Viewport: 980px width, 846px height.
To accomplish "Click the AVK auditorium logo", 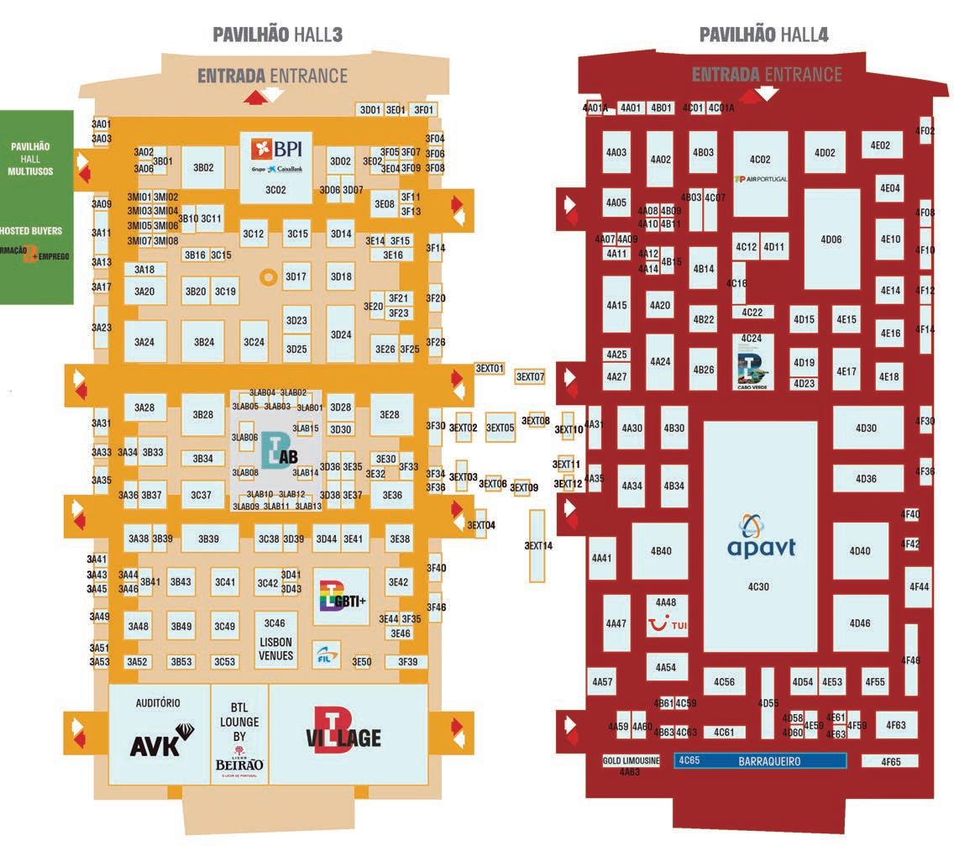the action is point(156,742).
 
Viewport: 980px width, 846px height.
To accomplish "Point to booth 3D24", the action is point(341,334).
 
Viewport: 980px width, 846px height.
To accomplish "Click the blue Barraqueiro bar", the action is point(760,761).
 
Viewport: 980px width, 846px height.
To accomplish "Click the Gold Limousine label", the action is point(631,761).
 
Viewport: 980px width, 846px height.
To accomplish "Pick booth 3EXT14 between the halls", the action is point(538,545).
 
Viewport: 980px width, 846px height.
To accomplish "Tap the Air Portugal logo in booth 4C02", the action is point(760,179).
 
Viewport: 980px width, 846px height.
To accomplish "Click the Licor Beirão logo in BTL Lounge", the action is point(239,759).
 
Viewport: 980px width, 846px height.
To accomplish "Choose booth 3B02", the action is point(203,168).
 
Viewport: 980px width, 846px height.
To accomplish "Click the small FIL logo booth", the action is point(326,654).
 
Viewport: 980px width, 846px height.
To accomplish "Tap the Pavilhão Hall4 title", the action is point(764,34).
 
